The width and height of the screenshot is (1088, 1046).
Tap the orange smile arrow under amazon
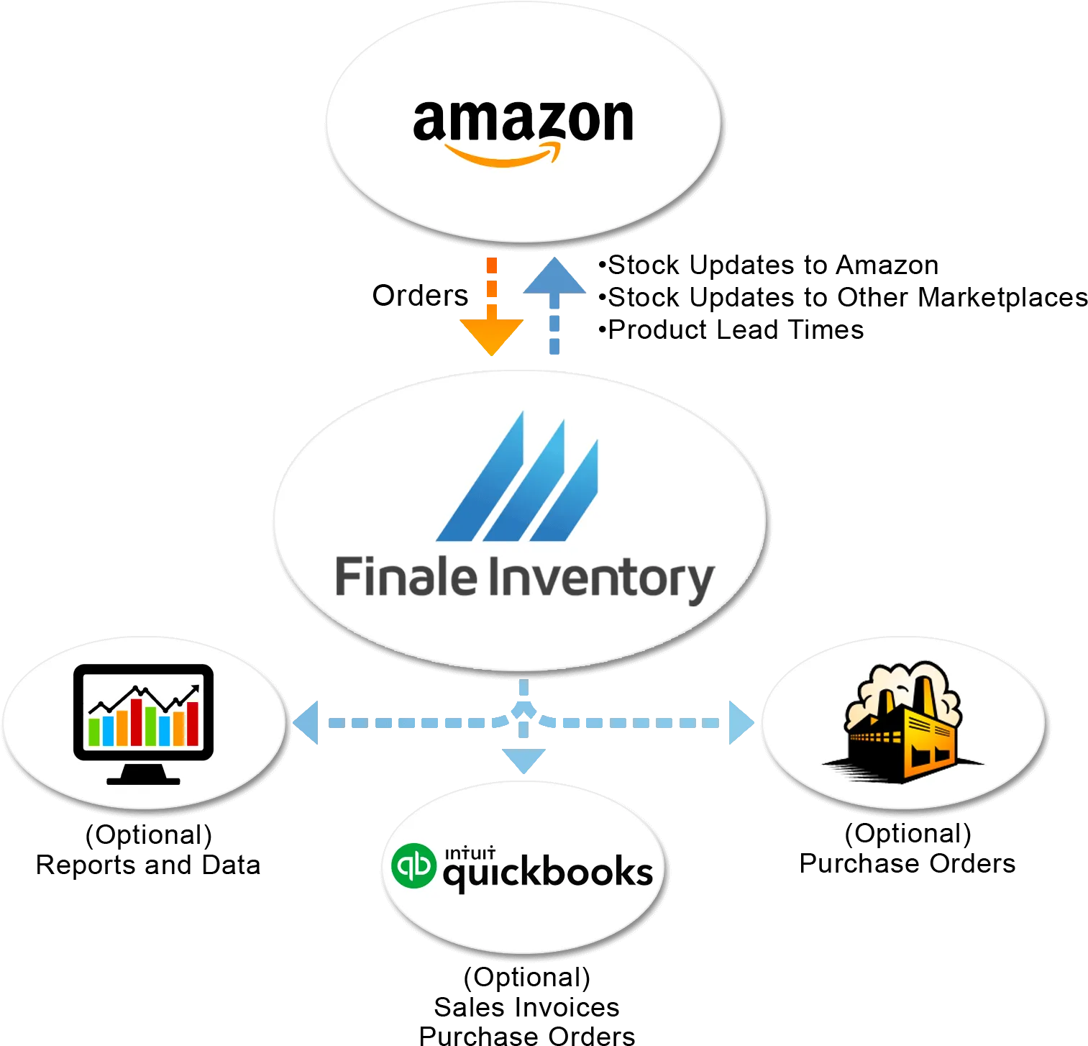[502, 155]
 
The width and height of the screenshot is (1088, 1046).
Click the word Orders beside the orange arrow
[420, 296]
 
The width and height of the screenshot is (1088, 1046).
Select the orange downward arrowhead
[491, 337]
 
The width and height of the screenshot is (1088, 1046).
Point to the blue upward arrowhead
[554, 276]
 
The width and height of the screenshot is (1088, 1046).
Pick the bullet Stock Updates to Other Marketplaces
[843, 297]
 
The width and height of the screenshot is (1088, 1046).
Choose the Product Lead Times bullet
[731, 329]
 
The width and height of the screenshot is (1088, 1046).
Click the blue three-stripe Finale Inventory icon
[517, 476]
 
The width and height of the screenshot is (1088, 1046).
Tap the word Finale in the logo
[406, 576]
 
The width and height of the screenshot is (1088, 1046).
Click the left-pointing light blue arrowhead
[306, 722]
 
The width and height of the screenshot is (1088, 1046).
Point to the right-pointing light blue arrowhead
[741, 722]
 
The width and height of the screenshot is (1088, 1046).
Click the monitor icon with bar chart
[144, 724]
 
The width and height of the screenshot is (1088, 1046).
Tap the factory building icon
[903, 722]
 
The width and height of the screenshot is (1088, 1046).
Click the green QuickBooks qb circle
[413, 865]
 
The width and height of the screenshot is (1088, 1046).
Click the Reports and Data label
[148, 865]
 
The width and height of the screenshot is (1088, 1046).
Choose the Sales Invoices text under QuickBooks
[526, 1007]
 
